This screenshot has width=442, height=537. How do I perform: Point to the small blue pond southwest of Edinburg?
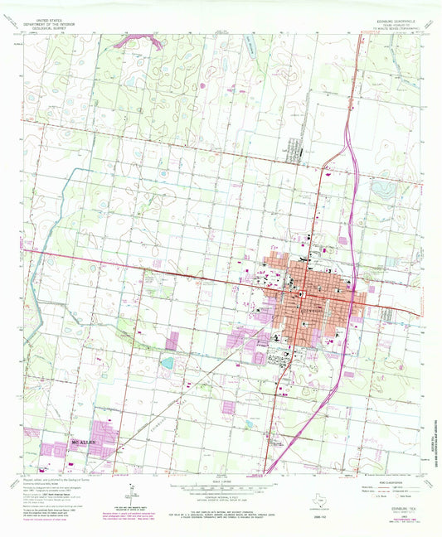tap(168, 363)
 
